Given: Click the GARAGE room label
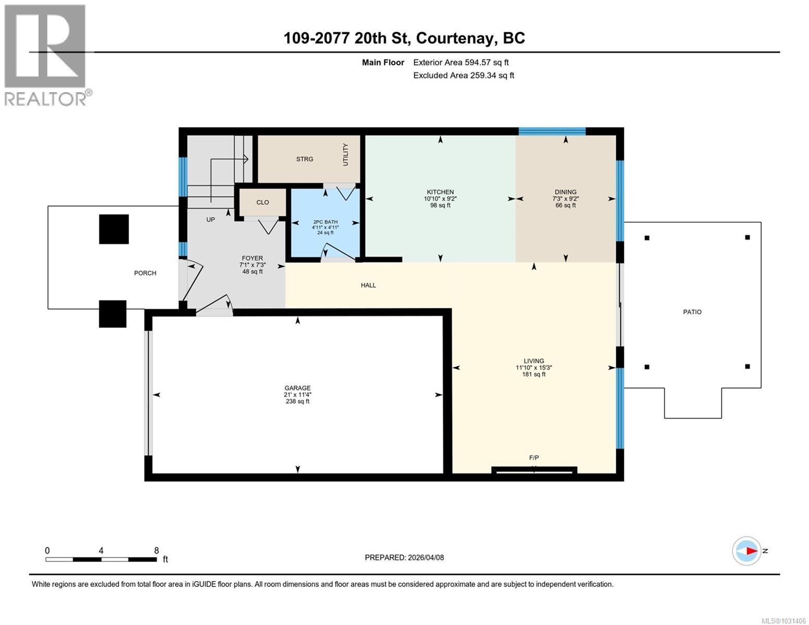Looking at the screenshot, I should point(297,388).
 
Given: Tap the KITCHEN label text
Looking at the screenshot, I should point(440,192).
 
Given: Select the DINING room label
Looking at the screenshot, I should point(565,192).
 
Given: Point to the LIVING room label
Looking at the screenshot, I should point(533,361).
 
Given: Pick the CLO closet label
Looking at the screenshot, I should point(263,203).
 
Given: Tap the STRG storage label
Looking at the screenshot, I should point(305,159).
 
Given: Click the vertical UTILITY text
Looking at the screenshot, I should point(345,155).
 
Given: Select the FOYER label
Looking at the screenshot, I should point(252,258).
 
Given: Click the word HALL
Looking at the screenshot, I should point(368,285).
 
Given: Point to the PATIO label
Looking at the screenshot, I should point(692,312).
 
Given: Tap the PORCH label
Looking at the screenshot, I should point(145,273).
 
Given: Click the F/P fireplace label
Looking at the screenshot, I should point(534,458).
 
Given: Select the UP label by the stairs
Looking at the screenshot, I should point(210,220).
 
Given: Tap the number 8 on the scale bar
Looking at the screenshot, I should point(156,551).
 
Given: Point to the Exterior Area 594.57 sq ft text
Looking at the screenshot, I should point(460,63).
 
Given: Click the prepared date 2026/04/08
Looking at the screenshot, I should point(426,558).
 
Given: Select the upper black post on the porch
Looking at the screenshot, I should point(114,229).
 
